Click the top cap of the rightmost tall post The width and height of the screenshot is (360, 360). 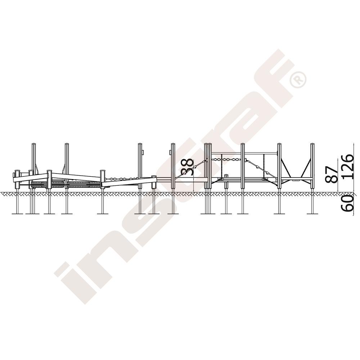pyautogui.click(x=312, y=144)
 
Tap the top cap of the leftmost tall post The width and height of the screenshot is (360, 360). pyautogui.click(x=34, y=144)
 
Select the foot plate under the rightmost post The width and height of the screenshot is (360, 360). pyautogui.click(x=312, y=214)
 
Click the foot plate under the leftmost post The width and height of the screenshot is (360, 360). pyautogui.click(x=17, y=214)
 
